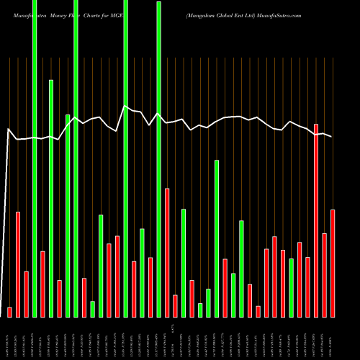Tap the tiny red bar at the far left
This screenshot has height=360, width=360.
coord(9,312)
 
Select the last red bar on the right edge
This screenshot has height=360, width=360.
coord(333,263)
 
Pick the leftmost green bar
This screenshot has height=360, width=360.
coord(35,158)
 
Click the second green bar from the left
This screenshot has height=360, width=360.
coord(51,198)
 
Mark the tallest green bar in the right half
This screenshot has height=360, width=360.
coord(197,238)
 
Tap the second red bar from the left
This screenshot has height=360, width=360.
coord(18,264)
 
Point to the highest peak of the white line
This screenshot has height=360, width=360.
coord(125,107)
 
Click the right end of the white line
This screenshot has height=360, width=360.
coord(332,136)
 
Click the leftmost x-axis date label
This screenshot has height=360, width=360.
coord(9,338)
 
